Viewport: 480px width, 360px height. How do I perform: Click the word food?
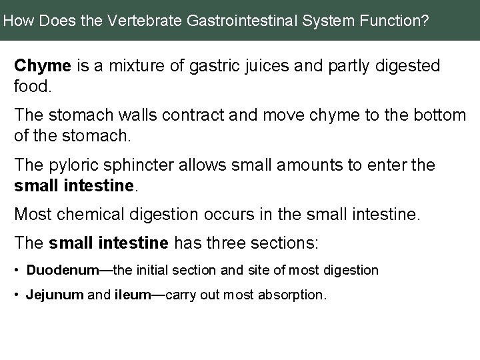coord(30,85)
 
